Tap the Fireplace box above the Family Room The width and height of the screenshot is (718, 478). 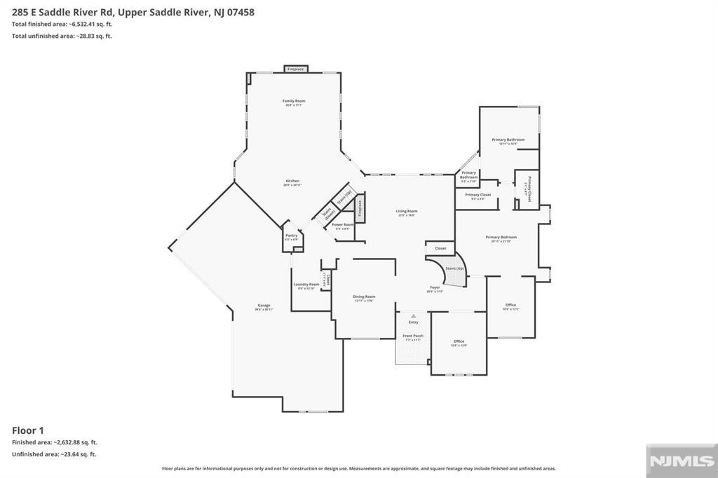pos(295,69)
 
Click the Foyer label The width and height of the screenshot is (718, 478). pos(435,288)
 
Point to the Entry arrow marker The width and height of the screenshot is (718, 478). pos(413,316)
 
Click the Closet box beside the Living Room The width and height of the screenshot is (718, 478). pos(440,248)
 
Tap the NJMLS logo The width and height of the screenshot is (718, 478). pos(672,460)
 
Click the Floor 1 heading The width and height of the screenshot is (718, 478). pos(28,430)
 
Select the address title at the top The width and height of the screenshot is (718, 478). pos(133,11)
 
